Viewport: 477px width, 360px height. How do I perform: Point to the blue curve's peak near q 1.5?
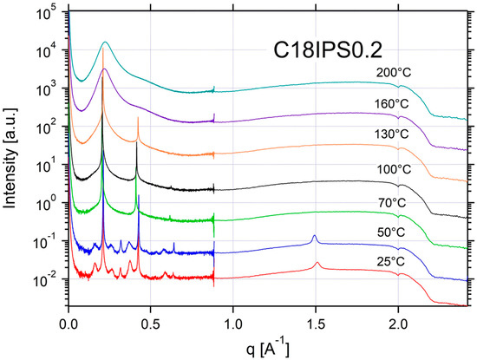pos(314,236)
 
